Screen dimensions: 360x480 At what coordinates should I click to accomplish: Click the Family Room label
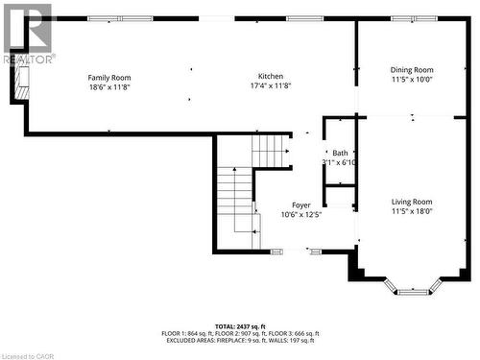pos(109,78)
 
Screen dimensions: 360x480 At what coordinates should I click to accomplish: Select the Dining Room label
pos(411,69)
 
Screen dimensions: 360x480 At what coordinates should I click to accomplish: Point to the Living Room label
pos(412,202)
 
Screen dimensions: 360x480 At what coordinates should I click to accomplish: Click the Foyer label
pos(300,205)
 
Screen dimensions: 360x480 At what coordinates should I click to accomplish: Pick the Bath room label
pos(341,154)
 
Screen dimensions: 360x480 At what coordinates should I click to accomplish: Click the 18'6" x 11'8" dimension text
pos(109,87)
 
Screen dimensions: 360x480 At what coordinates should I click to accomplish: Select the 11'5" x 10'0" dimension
pos(411,79)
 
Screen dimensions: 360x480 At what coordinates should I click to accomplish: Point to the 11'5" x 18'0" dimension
pos(412,211)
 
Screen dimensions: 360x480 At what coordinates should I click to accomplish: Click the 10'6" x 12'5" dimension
pos(300,215)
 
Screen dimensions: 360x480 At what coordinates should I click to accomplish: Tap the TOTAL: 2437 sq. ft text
pos(240,326)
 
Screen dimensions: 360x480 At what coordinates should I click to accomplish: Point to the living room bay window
pos(414,287)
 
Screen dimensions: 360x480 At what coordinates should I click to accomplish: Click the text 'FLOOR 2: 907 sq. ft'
pos(241,333)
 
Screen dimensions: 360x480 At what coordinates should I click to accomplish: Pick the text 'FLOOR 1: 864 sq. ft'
pos(188,333)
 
